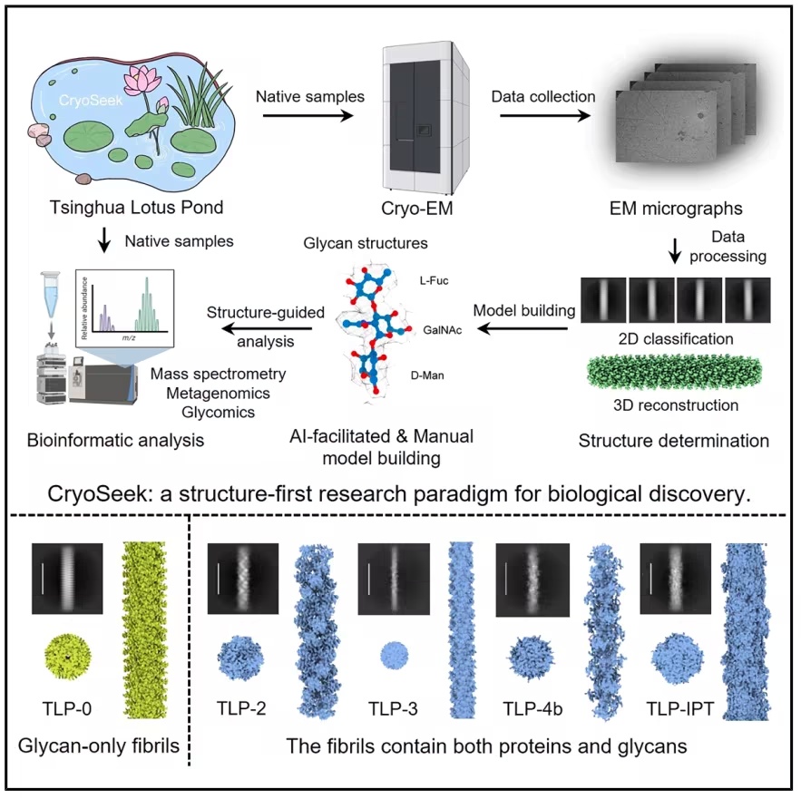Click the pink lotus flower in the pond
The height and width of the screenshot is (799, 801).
click(x=142, y=82)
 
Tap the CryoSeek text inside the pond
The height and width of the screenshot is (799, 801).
click(x=91, y=100)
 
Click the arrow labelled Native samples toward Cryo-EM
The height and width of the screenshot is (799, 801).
click(x=308, y=115)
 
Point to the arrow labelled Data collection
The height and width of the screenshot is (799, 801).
click(x=545, y=115)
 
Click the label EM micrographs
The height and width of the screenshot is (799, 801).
click(x=676, y=209)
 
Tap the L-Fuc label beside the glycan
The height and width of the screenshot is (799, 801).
click(x=435, y=280)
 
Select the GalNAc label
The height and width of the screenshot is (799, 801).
click(x=443, y=330)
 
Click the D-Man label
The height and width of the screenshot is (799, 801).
click(x=427, y=375)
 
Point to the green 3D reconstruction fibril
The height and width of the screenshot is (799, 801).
click(x=675, y=373)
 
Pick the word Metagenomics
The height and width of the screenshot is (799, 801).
click(x=218, y=393)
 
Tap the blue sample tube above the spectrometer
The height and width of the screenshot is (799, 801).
click(x=51, y=294)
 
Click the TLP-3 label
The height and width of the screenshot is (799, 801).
click(x=393, y=708)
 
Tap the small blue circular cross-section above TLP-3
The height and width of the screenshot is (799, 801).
click(x=395, y=656)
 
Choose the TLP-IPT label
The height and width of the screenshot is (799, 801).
click(x=680, y=708)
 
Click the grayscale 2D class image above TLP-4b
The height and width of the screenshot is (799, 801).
click(x=532, y=579)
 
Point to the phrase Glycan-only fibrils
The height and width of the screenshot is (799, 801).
click(x=99, y=745)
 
